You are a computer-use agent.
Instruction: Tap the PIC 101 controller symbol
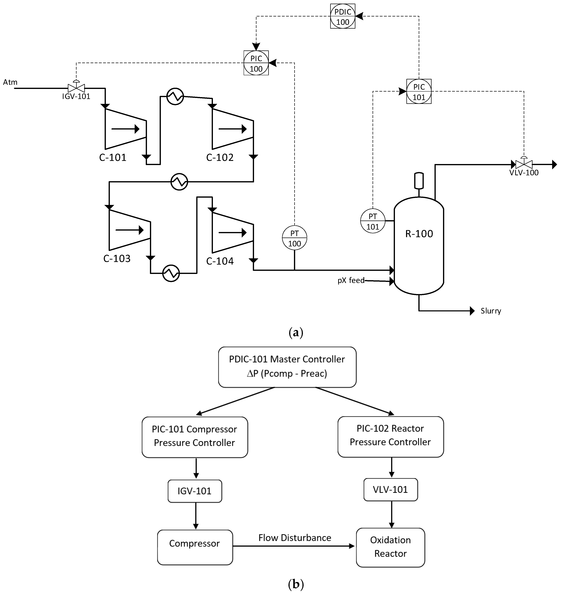tap(419, 91)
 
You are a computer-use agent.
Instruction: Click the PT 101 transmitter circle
tap(373, 221)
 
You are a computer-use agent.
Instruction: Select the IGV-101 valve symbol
tap(76, 88)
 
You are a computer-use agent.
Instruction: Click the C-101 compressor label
tap(113, 157)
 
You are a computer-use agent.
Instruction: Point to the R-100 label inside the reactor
tap(419, 234)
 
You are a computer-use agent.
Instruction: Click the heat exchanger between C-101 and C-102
tap(175, 96)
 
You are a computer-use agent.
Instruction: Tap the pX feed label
tap(351, 280)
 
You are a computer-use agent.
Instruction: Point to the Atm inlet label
tap(10, 82)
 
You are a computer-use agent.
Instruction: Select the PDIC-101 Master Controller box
tap(287, 367)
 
